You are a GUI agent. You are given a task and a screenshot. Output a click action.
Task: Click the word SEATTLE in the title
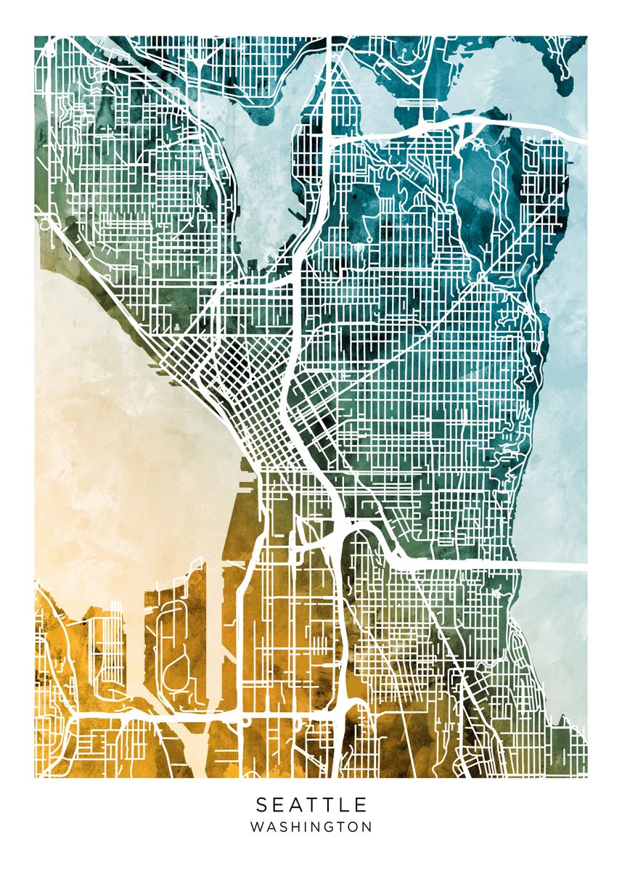click(311, 804)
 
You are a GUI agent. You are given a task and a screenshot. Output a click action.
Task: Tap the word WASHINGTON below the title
click(311, 827)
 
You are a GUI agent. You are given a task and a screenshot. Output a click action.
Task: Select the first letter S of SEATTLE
click(261, 804)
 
